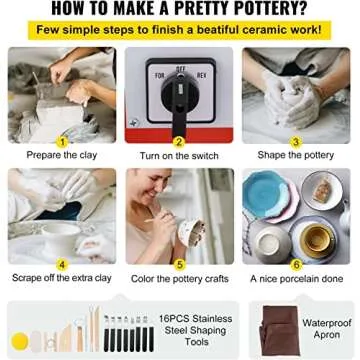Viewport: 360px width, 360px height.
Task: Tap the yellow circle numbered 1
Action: point(62,142)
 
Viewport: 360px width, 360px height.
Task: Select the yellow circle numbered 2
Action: point(180,142)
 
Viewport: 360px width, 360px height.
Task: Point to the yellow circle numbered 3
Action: point(296,142)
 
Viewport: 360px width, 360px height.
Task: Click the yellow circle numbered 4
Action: point(62,265)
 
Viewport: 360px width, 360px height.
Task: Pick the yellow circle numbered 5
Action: point(180,265)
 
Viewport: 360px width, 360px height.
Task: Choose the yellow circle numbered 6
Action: point(296,265)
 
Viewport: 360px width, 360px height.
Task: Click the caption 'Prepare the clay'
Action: point(62,156)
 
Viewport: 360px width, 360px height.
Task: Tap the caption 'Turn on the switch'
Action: point(180,156)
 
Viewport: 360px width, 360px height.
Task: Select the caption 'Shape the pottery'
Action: point(296,156)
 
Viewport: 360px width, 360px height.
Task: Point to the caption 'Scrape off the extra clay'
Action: point(63,279)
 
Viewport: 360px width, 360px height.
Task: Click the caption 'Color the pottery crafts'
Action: point(180,279)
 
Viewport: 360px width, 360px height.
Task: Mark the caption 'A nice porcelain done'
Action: point(296,279)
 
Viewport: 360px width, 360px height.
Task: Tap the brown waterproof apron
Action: point(272,330)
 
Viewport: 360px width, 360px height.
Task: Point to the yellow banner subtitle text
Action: point(180,30)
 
